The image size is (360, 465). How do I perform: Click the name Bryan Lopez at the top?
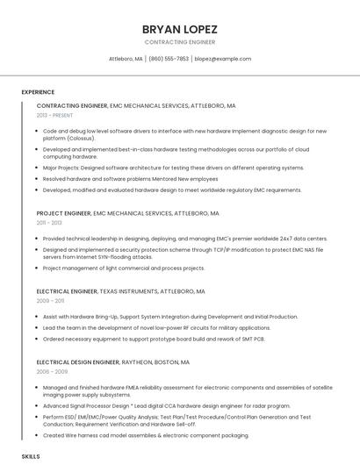pyautogui.click(x=179, y=29)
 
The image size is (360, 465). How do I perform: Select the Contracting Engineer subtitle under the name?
pyautogui.click(x=179, y=42)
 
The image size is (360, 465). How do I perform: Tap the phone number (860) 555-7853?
pyautogui.click(x=169, y=59)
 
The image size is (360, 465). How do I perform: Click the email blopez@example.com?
pyautogui.click(x=223, y=59)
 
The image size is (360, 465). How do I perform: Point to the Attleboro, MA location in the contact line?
pyautogui.click(x=126, y=59)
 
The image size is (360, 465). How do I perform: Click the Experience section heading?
pyautogui.click(x=38, y=92)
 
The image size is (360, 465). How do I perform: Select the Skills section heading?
pyautogui.click(x=31, y=457)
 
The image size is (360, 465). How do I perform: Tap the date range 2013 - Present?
pyautogui.click(x=54, y=115)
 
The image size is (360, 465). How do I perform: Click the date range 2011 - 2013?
pyautogui.click(x=49, y=223)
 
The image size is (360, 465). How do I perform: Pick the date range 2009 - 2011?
pyautogui.click(x=50, y=300)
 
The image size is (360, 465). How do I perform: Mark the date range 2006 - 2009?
pyautogui.click(x=50, y=371)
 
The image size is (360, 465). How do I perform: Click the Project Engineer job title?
pyautogui.click(x=64, y=213)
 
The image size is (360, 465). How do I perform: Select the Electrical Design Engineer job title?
pyautogui.click(x=78, y=361)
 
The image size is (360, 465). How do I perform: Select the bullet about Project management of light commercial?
pyautogui.click(x=124, y=268)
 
